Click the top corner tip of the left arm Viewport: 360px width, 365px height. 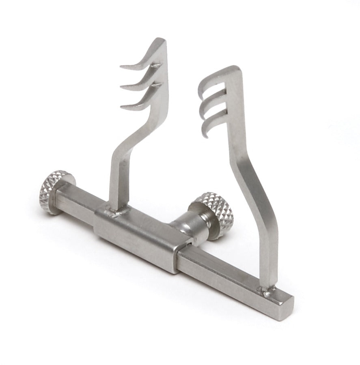[162, 39]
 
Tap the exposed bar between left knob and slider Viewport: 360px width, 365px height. [77, 203]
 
